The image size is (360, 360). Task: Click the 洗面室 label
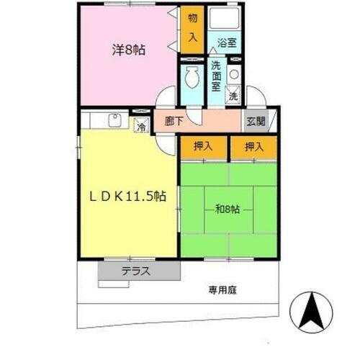pyautogui.click(x=215, y=73)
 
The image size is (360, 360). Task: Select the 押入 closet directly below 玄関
pyautogui.click(x=251, y=146)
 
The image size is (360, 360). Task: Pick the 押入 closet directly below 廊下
pyautogui.click(x=202, y=146)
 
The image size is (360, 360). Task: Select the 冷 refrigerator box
pyautogui.click(x=140, y=125)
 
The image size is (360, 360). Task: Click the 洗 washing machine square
pyautogui.click(x=233, y=94)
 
